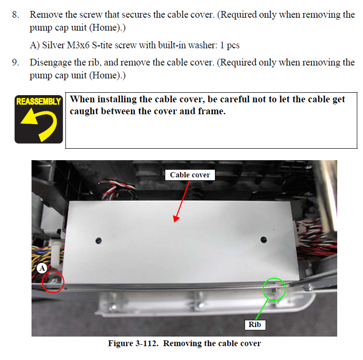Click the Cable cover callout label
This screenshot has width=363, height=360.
(x=190, y=175)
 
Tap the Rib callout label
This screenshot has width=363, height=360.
(x=255, y=325)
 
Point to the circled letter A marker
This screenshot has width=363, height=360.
(x=42, y=268)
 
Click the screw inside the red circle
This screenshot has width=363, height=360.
(x=55, y=281)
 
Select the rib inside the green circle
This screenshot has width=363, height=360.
(x=274, y=290)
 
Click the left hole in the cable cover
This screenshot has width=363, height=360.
(x=98, y=240)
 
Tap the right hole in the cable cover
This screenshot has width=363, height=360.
(x=264, y=240)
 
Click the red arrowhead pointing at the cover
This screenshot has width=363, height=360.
(x=176, y=218)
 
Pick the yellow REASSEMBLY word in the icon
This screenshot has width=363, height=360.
(x=39, y=101)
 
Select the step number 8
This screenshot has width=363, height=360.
(x=15, y=15)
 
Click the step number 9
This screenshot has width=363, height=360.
(x=15, y=62)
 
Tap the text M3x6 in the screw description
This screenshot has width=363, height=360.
(x=78, y=45)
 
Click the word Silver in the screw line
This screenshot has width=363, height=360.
(x=53, y=45)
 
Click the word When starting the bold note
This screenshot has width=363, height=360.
(x=82, y=99)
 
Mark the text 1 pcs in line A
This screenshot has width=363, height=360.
(x=229, y=45)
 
